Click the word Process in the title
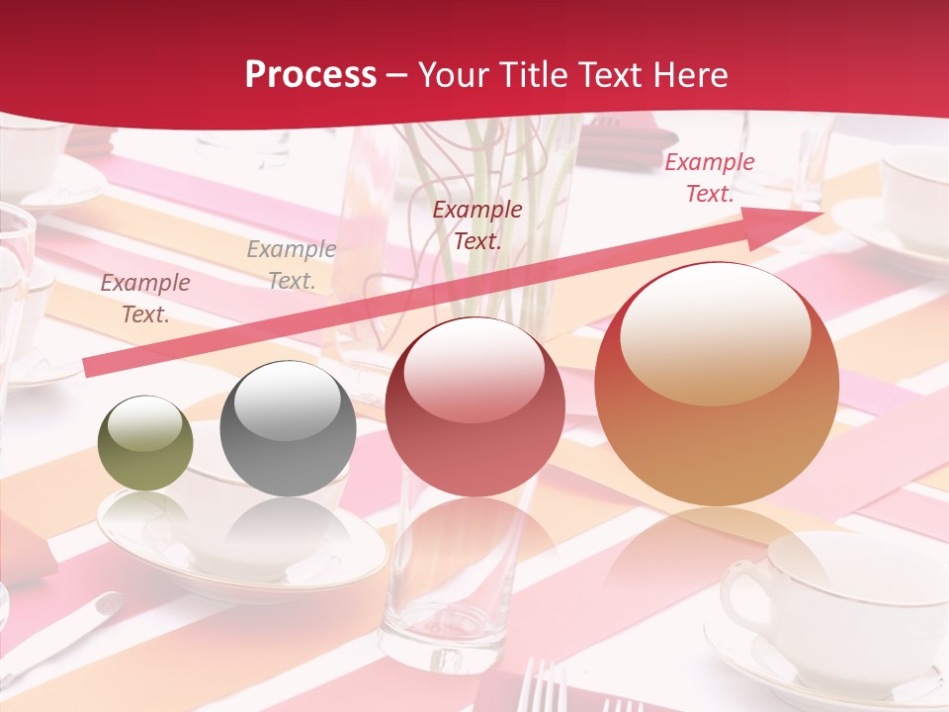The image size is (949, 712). point(310,75)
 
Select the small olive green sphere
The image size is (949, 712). point(145,443)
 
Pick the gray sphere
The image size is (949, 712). point(288,428)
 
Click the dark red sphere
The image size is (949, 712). point(474,407)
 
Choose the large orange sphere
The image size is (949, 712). point(716,384)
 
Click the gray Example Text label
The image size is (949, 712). point(292,265)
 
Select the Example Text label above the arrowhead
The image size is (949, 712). point(709,178)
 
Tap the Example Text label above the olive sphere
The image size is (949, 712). point(145,299)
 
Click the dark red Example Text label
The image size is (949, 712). point(477,225)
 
